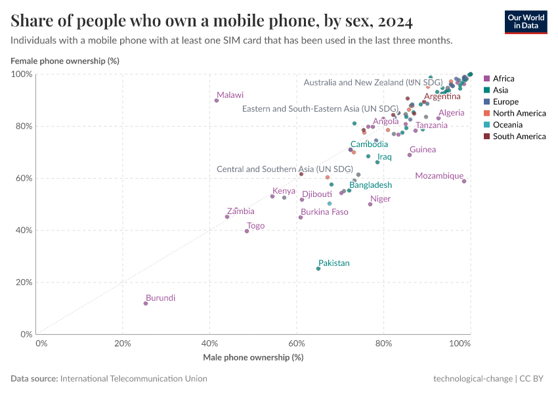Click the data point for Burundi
(146, 303)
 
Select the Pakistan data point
(318, 269)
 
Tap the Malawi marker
(217, 100)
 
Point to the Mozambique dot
(464, 181)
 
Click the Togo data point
(247, 231)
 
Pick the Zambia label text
(240, 211)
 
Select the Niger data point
(370, 204)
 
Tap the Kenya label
(284, 191)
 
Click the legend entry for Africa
(503, 79)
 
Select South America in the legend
(519, 137)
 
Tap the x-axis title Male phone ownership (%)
(252, 357)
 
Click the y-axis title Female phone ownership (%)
(64, 61)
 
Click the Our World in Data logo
(525, 22)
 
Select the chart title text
(211, 22)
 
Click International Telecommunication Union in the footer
(133, 379)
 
